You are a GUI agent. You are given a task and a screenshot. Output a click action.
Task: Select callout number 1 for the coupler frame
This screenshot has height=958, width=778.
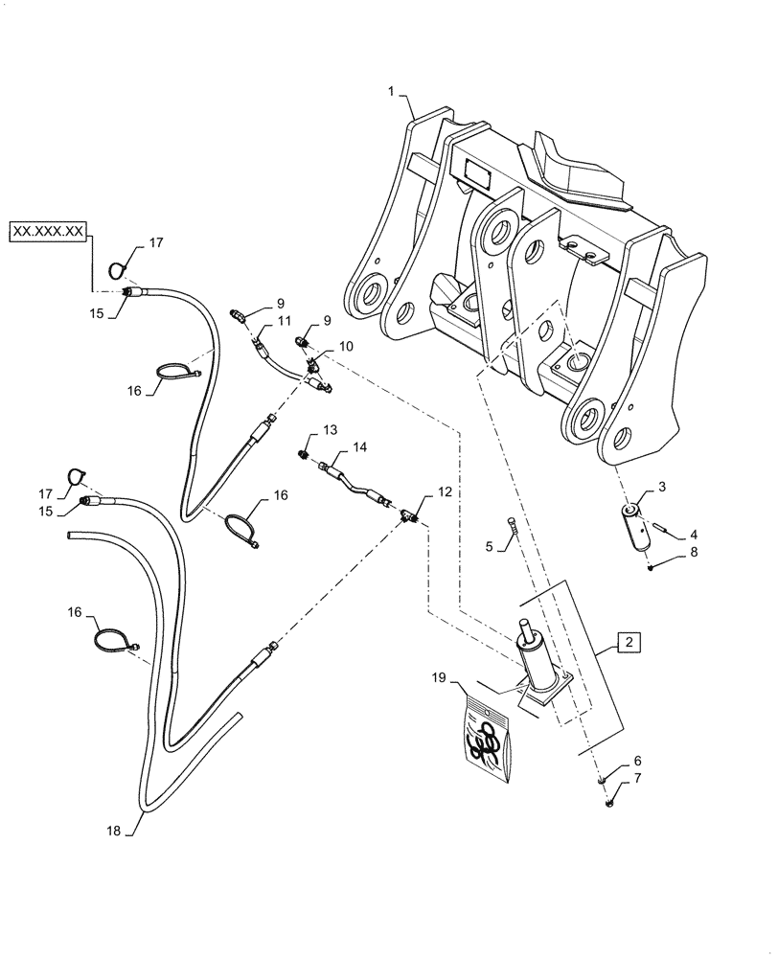[391, 91]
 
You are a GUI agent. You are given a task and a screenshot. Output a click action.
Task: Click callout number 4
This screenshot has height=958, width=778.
[682, 534]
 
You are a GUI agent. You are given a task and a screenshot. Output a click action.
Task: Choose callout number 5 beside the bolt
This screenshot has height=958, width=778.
[490, 546]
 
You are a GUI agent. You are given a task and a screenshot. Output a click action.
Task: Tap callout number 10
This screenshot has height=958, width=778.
[345, 345]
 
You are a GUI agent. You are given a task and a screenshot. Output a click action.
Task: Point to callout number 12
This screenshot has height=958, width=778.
[445, 491]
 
